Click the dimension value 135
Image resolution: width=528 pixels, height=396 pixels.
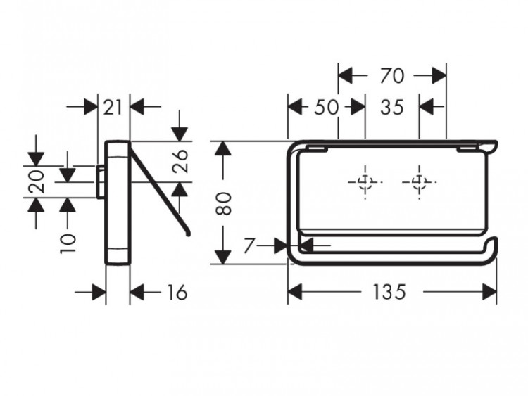point(389,292)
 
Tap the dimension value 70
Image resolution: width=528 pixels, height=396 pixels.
point(391,75)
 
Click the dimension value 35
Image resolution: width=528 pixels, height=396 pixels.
point(391,107)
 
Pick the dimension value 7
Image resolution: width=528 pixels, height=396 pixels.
point(249,246)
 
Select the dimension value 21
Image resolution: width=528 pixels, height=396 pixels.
point(113,107)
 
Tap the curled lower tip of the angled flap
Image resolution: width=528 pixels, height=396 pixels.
point(187,233)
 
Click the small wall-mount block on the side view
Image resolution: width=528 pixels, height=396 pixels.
point(101,181)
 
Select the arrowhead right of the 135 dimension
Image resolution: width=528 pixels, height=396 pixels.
point(489,292)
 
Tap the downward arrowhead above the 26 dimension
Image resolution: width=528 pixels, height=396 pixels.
point(181,133)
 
